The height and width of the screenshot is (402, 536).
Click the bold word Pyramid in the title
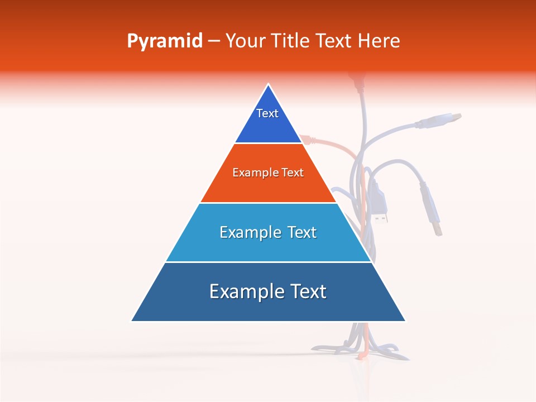[x=165, y=41]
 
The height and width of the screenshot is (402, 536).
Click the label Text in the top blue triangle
[x=267, y=113]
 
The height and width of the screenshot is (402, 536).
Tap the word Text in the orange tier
[x=291, y=173]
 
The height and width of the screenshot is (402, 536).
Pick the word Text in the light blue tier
[x=302, y=232]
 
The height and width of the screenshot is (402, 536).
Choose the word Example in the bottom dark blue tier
[x=243, y=291]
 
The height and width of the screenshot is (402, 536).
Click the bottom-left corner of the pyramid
[x=132, y=321]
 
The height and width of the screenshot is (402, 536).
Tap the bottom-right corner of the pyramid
[x=405, y=321]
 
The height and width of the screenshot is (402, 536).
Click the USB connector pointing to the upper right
[x=447, y=119]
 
